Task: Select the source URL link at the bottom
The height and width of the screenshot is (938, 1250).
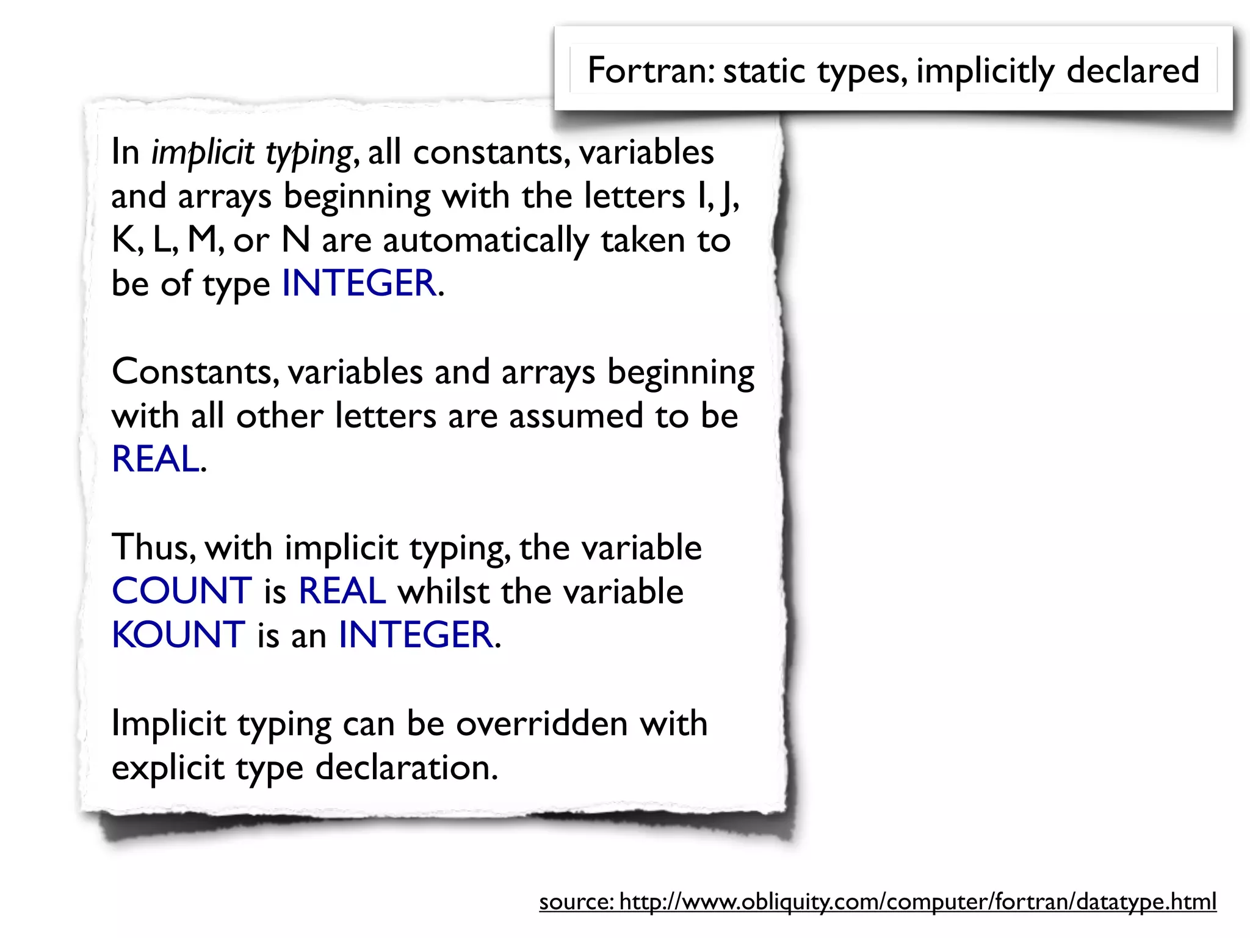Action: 878,901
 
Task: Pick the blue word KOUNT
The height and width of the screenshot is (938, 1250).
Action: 179,634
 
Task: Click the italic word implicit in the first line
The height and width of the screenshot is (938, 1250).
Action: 203,153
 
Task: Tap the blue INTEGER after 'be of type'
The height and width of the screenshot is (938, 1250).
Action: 359,283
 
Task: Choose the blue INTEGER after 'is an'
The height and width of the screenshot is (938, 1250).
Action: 416,634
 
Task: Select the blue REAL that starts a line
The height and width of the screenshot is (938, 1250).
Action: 156,459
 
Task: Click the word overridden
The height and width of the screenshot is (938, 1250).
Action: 542,724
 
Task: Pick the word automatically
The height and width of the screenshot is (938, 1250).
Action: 485,240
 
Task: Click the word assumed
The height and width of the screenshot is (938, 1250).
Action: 576,416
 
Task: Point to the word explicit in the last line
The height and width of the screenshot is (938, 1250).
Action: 168,768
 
